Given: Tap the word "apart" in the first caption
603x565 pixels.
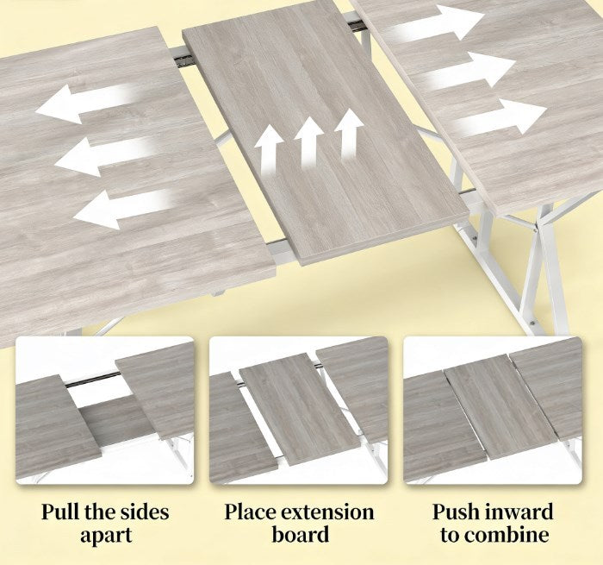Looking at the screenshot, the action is [106, 537].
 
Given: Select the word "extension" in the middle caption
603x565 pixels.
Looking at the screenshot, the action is [327, 512].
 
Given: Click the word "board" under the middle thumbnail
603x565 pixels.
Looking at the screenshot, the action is [300, 535].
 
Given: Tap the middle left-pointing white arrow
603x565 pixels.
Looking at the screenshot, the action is [106, 155].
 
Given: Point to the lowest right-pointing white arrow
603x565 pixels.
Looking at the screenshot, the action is [500, 116].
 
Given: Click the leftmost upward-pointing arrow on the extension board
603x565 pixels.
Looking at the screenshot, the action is [269, 149].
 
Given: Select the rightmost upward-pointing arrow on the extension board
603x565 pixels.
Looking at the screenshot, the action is [349, 134].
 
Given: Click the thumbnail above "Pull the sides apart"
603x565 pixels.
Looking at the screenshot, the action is [104, 411].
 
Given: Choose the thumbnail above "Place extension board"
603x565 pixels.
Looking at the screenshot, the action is [298, 411].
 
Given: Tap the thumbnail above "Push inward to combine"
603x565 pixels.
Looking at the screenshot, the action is [493, 411].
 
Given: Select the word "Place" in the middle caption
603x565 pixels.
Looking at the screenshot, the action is [251, 512].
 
